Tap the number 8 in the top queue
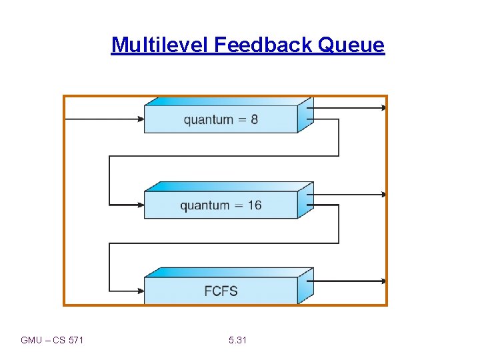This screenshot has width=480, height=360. coord(254,120)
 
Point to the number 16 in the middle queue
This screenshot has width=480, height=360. coord(254,205)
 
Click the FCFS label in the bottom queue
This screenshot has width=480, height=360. coord(221,291)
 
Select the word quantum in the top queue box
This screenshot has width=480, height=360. coord(208,120)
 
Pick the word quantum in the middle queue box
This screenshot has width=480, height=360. coord(204,205)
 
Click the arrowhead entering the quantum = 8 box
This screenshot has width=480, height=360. coord(141,119)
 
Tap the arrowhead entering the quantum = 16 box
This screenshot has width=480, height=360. coord(141,205)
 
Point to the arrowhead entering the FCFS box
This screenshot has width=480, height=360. coord(141,290)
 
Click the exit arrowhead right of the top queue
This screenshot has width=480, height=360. coord(383,107)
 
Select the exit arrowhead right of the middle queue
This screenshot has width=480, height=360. coord(383,195)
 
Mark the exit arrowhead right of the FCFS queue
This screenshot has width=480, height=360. coord(383,281)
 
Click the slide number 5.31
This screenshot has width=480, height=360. coord(237,341)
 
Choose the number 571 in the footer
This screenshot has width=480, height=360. coord(76,341)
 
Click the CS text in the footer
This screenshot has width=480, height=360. coord(58,341)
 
